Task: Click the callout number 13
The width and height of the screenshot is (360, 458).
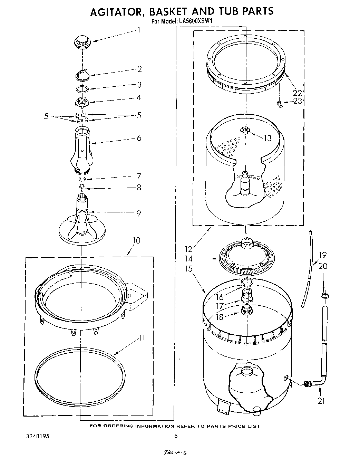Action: point(267,138)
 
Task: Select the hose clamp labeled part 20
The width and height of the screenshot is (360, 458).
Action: point(325,296)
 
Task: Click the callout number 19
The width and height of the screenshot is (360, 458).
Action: point(323,255)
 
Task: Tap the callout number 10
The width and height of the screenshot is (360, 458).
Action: point(137,240)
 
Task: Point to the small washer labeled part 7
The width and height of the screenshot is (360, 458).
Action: point(82,179)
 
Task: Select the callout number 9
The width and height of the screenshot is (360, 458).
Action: point(138,213)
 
